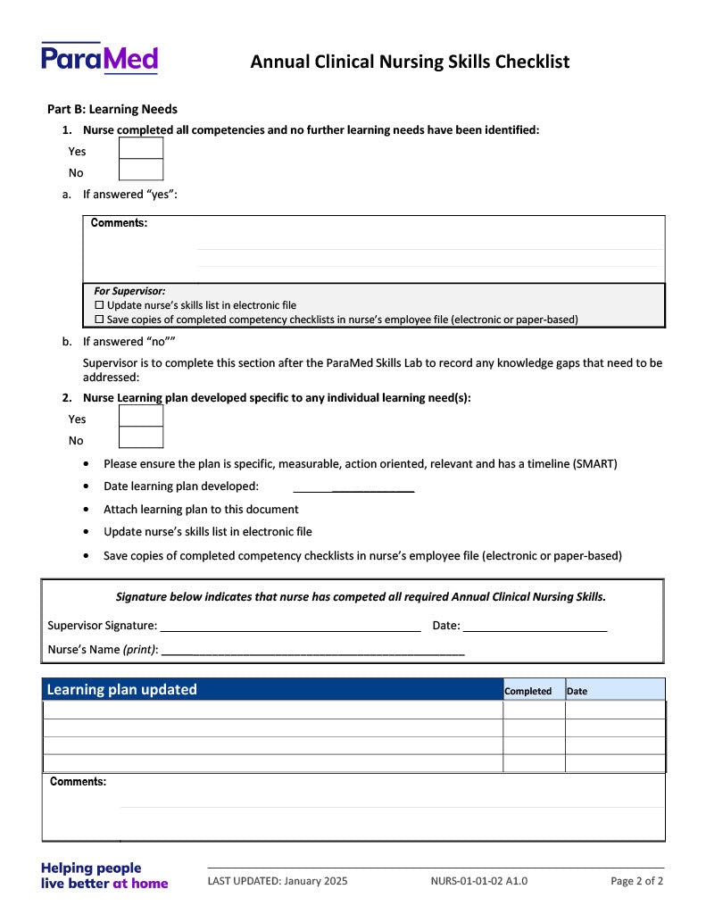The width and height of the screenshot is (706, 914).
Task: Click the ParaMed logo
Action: pyautogui.click(x=99, y=59)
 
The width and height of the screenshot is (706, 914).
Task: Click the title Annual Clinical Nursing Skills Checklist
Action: pyautogui.click(x=410, y=62)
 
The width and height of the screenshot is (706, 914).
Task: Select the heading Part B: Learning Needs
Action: pyautogui.click(x=112, y=109)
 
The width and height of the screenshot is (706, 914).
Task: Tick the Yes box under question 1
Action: pyautogui.click(x=141, y=148)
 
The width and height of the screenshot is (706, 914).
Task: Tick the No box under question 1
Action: pyautogui.click(x=141, y=170)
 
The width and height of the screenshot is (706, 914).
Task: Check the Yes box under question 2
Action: pyautogui.click(x=141, y=416)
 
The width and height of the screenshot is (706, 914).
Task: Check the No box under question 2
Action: pyautogui.click(x=141, y=437)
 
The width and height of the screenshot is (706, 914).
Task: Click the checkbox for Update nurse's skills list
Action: pyautogui.click(x=99, y=305)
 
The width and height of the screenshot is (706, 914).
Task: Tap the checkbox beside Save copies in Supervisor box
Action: pyautogui.click(x=99, y=320)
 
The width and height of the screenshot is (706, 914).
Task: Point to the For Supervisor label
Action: pyautogui.click(x=129, y=291)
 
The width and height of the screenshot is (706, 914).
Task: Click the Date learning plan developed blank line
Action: pyautogui.click(x=353, y=486)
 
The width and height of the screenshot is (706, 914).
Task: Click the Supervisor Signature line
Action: pyautogui.click(x=290, y=627)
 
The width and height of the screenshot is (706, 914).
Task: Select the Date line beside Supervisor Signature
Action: pyautogui.click(x=535, y=627)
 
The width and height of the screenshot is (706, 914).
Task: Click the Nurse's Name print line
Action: pyautogui.click(x=313, y=651)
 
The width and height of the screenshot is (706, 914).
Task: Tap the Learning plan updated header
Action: pyautogui.click(x=122, y=689)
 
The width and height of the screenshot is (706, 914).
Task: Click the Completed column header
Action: pyautogui.click(x=527, y=691)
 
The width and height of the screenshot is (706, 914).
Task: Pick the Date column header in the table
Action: pyautogui.click(x=577, y=691)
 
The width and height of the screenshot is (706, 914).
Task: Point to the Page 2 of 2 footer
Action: pyautogui.click(x=636, y=881)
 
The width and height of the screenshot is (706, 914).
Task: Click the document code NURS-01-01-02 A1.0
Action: pyautogui.click(x=478, y=881)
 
